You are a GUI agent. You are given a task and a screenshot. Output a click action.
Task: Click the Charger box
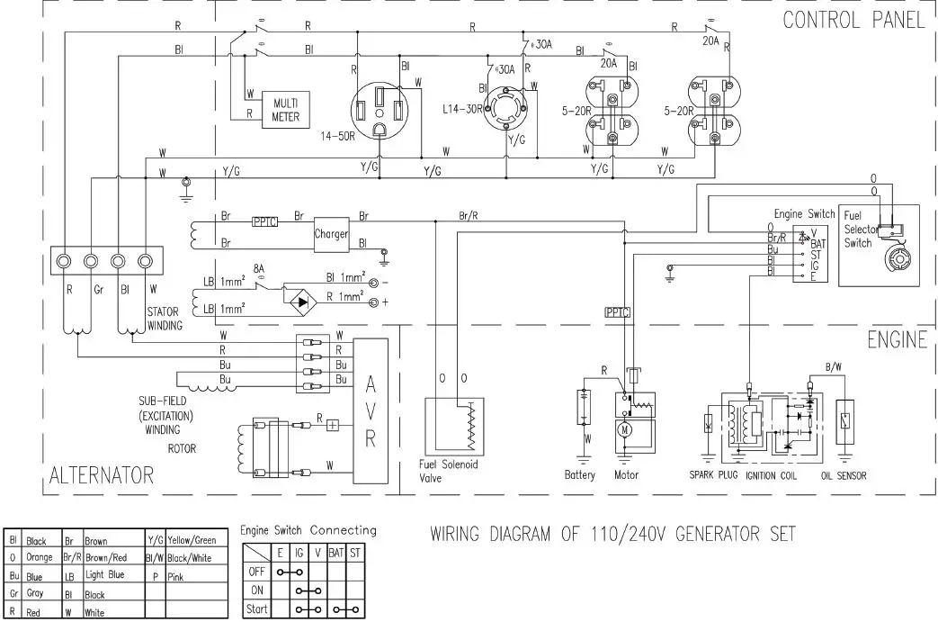tap(331, 234)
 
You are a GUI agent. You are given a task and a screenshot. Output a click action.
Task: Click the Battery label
tap(580, 474)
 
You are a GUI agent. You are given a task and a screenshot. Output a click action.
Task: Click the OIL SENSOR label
tap(844, 475)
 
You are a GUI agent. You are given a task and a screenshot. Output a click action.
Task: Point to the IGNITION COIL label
tap(774, 475)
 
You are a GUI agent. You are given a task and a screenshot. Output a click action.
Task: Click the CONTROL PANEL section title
tap(853, 20)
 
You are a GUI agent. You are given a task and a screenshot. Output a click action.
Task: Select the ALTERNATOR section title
tap(102, 473)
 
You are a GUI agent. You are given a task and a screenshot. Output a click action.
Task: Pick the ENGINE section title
tap(896, 339)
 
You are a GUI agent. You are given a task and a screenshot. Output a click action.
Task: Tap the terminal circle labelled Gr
tap(91, 262)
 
